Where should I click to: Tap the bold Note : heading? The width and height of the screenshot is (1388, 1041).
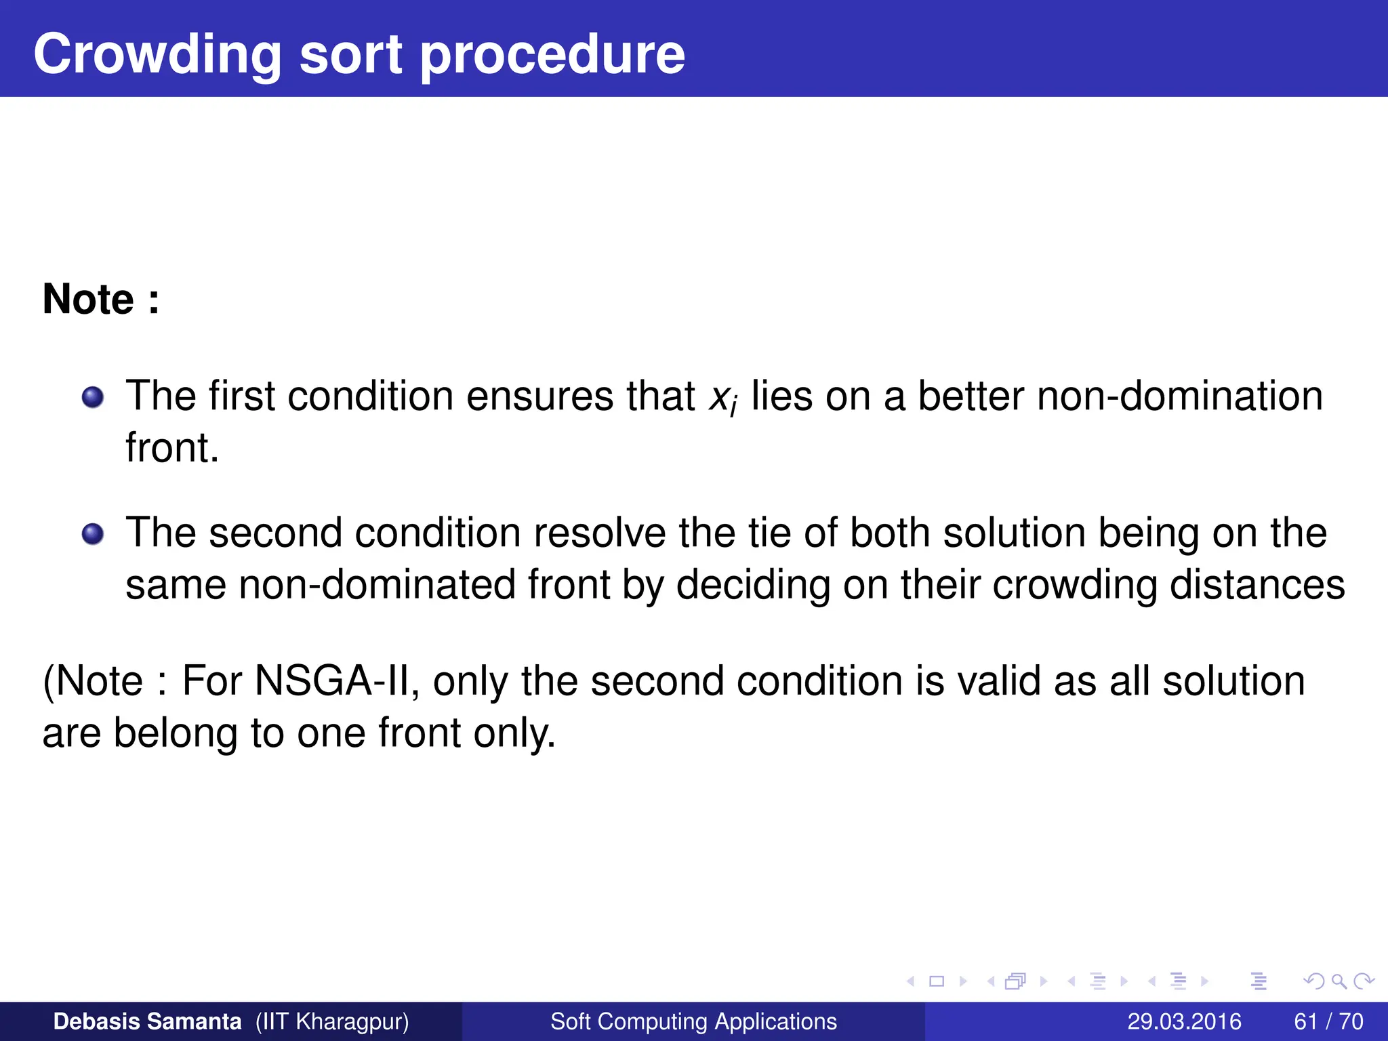[x=101, y=299]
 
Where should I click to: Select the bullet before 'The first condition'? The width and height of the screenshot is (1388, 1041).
[x=93, y=397]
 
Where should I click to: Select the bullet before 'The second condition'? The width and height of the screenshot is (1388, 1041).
[x=93, y=534]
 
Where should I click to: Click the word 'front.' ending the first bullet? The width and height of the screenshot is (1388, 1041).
[x=172, y=448]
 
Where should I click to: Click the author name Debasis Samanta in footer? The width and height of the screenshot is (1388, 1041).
[x=147, y=1021]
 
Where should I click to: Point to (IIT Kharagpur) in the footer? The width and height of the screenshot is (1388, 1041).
[x=332, y=1021]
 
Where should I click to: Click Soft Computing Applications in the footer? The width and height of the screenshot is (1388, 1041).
[x=693, y=1021]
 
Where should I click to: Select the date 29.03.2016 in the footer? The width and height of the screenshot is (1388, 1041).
[x=1184, y=1021]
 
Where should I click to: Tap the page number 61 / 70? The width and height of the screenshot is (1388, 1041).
[x=1328, y=1021]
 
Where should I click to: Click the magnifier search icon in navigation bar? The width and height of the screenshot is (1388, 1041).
[x=1339, y=981]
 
